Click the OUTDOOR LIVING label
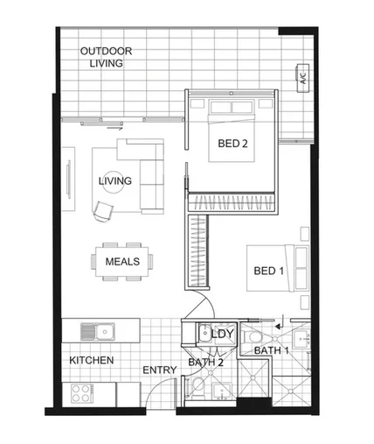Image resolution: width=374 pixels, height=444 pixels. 101,58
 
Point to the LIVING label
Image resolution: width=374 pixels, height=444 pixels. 114,181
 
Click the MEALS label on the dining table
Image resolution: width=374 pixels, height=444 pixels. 122,261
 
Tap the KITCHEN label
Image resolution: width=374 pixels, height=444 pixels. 92,360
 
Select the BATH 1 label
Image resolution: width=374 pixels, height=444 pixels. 271,351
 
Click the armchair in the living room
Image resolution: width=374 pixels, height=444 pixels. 104,210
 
